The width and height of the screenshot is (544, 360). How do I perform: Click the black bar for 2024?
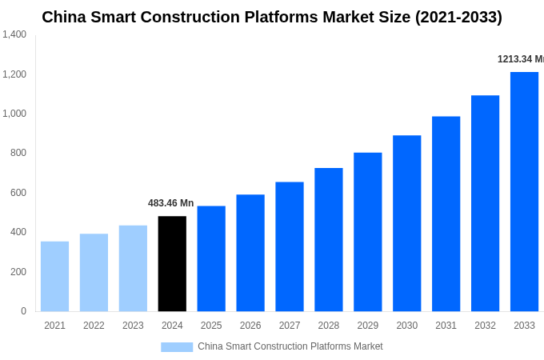pos(172,263)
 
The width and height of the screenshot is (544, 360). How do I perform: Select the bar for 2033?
pos(524,191)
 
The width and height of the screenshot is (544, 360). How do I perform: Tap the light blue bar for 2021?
pos(54,276)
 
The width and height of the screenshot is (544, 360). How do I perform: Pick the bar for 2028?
pos(328,239)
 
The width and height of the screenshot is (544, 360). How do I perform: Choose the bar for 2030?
pos(406,223)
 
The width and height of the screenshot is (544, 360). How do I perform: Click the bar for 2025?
pos(211,258)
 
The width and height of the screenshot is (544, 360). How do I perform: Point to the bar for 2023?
pos(133,268)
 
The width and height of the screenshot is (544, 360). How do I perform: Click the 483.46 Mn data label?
pos(170,203)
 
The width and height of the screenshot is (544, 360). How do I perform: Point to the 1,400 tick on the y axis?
pos(14,34)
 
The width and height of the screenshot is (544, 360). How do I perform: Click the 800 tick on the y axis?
pos(18,153)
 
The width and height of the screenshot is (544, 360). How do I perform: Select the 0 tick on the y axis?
pos(23,311)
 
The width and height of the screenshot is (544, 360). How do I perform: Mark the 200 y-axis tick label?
pos(18,272)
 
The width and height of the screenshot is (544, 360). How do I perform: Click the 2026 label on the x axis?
pos(250,326)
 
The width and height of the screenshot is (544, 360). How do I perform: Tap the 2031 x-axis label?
pos(446,326)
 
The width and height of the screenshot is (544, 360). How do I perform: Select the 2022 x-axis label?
pos(94,326)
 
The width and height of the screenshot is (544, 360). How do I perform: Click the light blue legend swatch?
pos(177,346)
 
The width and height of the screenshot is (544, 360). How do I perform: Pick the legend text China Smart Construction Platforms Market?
pos(290,346)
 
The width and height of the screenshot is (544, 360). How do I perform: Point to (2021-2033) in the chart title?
pos(458,17)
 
